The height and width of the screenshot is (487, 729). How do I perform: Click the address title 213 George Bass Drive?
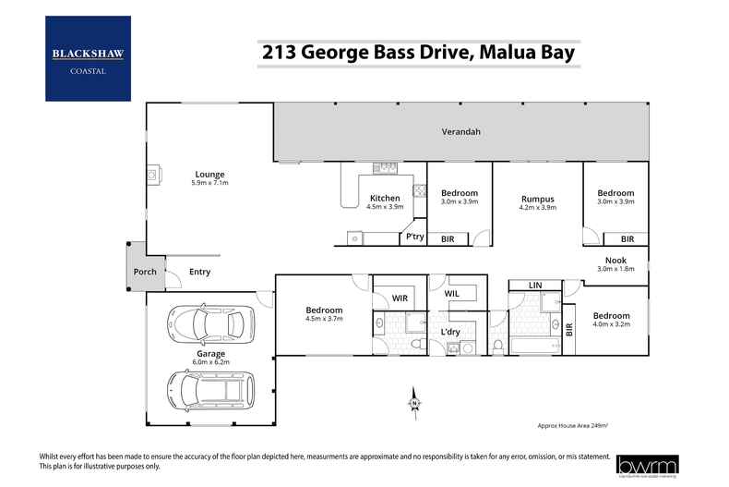(418, 53)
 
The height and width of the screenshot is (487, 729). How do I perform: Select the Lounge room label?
(209, 174)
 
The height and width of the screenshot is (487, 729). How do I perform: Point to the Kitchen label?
(385, 198)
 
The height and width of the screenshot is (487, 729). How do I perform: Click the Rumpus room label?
(537, 198)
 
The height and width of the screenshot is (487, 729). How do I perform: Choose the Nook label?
(615, 261)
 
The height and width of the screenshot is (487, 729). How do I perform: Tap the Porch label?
(145, 272)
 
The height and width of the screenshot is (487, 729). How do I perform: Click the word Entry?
(199, 272)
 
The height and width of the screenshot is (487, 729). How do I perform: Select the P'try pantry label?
(414, 237)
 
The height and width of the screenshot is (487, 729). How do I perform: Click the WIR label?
(400, 298)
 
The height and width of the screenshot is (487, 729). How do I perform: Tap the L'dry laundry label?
(450, 331)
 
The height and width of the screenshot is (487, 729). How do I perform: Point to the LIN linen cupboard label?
(534, 286)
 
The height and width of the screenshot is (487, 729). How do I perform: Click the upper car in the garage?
(208, 323)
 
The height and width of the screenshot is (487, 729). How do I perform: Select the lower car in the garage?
(209, 388)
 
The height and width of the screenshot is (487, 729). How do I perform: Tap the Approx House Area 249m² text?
(573, 425)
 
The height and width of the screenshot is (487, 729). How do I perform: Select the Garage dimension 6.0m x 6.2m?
(209, 362)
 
